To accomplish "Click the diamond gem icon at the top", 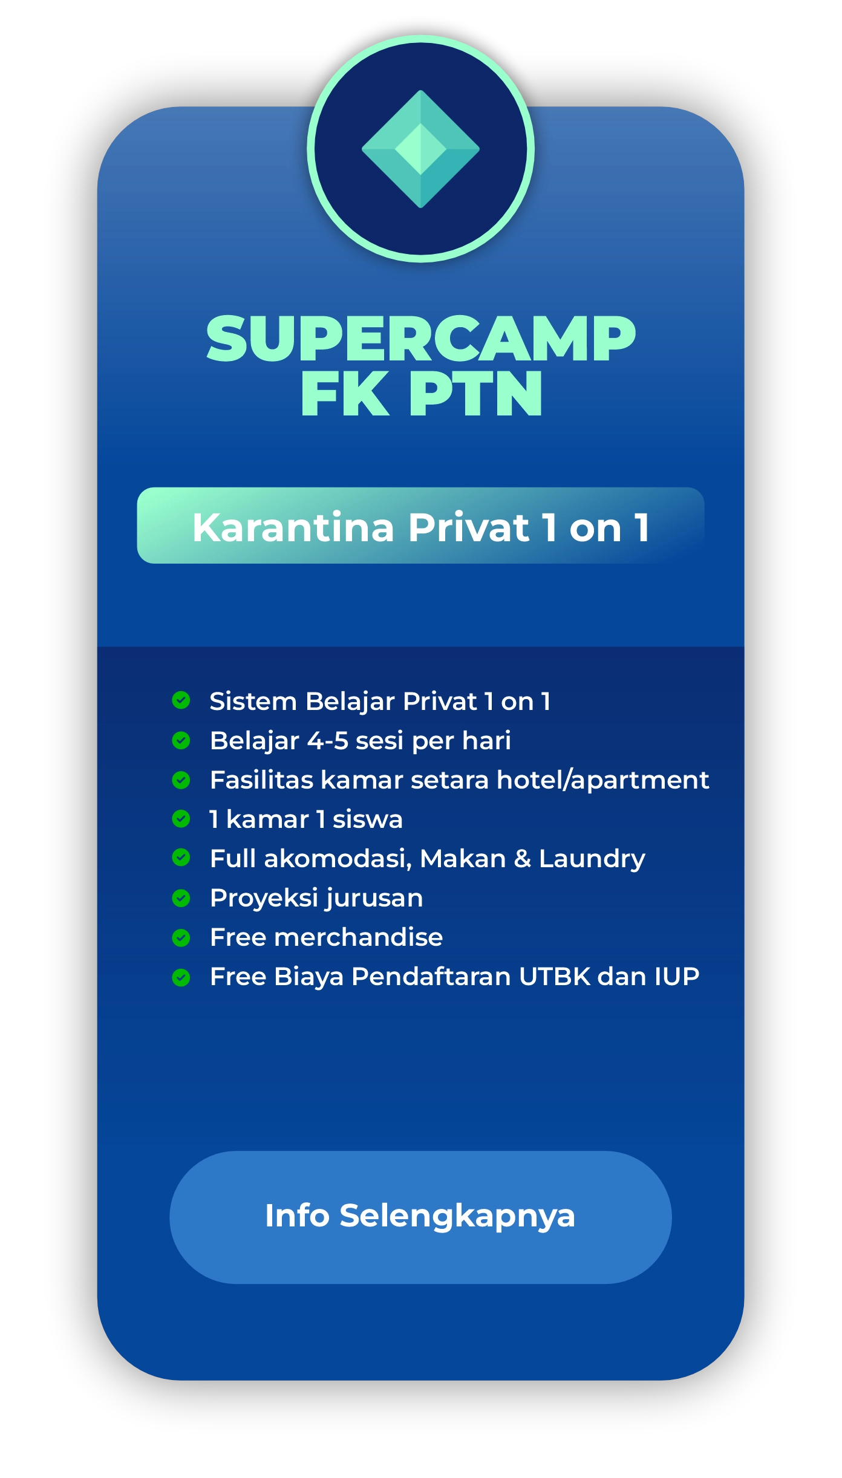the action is tap(420, 149).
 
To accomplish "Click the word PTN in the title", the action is tap(476, 394).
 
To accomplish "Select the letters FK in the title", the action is tap(345, 394).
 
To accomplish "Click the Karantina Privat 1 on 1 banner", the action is tap(420, 526).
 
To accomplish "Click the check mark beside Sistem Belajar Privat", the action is tap(181, 700).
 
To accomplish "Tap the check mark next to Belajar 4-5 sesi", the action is tap(181, 740).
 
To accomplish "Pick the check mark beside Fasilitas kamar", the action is tap(181, 780).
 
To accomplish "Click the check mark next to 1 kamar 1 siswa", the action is tap(181, 819).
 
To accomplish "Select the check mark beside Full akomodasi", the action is tap(181, 858).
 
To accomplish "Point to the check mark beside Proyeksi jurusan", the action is tap(181, 898).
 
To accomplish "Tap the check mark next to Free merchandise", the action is tap(181, 937).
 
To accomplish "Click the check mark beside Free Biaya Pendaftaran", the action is tap(181, 977).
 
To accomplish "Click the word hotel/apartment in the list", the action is tap(602, 780).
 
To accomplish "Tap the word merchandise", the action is tap(359, 937).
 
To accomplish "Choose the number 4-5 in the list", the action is tap(328, 741).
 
